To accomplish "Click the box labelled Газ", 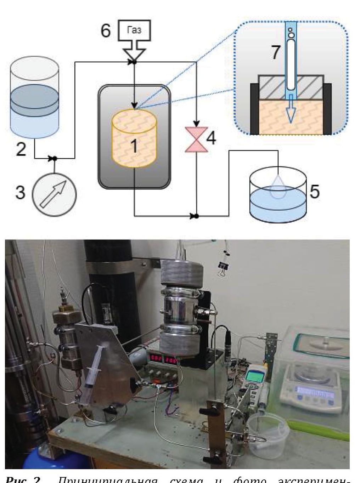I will point(134,30).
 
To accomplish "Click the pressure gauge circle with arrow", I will point(54,193).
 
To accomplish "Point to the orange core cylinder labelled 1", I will point(134,138).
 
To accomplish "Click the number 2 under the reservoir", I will point(21,149).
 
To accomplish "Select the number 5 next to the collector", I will point(314,191).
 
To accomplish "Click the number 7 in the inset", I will point(275,53).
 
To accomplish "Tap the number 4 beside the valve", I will point(211,138).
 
